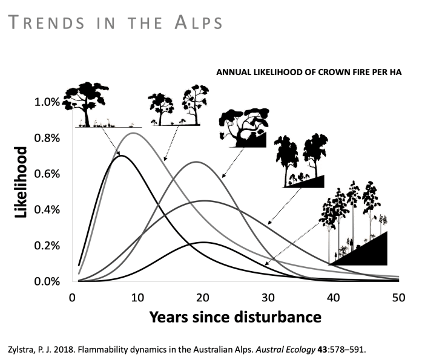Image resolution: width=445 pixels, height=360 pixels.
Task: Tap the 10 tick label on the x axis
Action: tap(137, 297)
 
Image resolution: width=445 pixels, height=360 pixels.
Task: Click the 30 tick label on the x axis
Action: tap(268, 297)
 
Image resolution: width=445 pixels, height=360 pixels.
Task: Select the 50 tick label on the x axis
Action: tap(398, 297)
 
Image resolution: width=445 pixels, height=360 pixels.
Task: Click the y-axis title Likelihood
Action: tap(22, 182)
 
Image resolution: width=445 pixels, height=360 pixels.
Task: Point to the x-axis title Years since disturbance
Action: tap(235, 316)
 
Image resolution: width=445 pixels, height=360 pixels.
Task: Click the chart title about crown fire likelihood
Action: tap(309, 72)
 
